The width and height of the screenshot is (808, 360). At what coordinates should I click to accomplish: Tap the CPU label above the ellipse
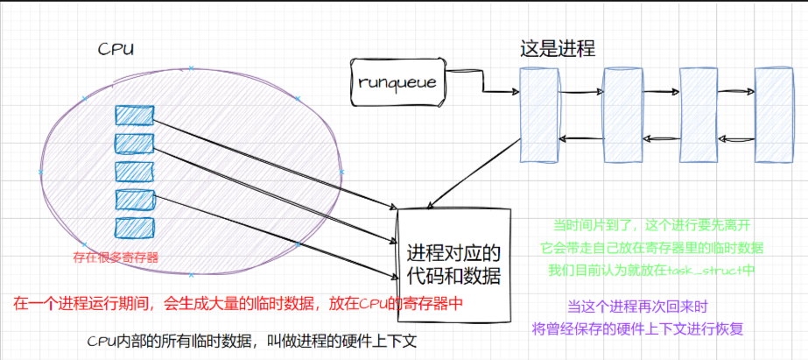pos(116,49)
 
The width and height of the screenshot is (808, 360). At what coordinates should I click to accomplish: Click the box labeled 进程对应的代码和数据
pos(453,265)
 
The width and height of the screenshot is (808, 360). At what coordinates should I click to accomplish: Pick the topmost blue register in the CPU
pos(135,115)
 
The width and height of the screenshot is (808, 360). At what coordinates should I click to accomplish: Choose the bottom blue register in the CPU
pos(135,225)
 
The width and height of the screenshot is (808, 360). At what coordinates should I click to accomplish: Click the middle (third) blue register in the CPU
pos(135,170)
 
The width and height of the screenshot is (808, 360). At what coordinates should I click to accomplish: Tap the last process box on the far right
pos(773,115)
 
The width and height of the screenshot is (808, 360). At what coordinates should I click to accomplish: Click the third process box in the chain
pos(698,115)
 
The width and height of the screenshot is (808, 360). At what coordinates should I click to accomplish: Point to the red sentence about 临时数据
pos(237,304)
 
